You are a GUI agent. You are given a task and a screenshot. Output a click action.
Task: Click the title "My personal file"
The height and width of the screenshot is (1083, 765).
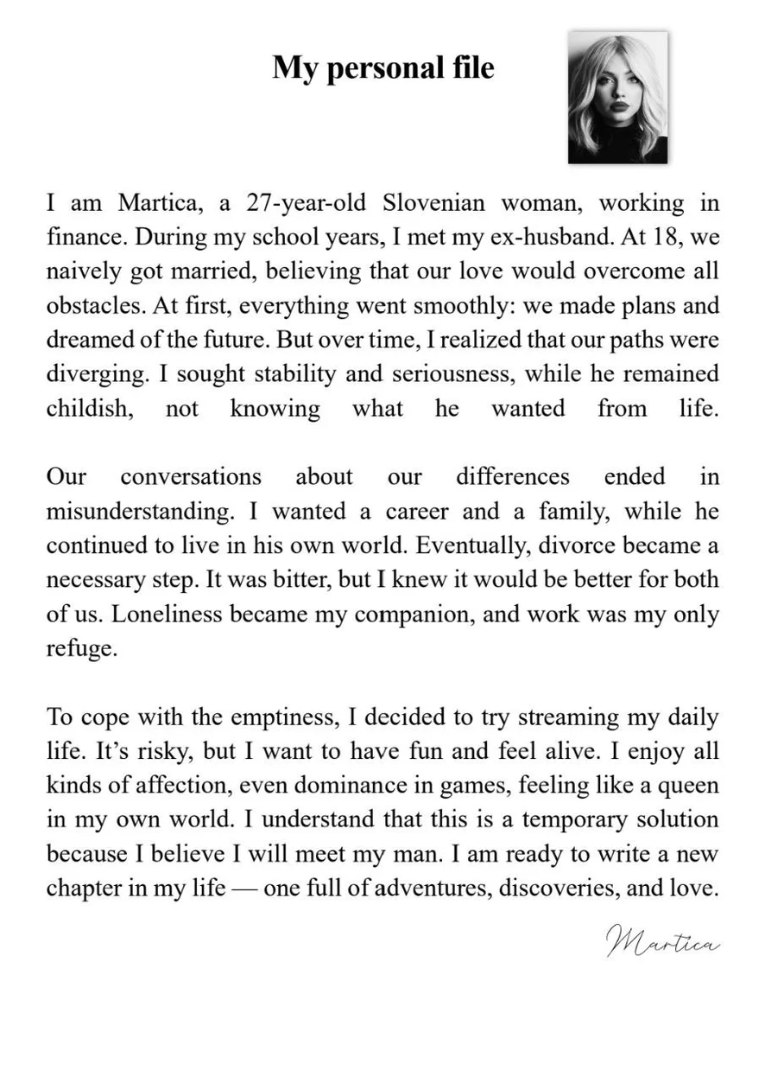[383, 67]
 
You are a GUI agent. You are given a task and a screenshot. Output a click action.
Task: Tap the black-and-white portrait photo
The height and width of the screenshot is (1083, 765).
[617, 98]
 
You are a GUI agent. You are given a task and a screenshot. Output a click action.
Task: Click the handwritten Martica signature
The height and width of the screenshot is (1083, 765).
[662, 940]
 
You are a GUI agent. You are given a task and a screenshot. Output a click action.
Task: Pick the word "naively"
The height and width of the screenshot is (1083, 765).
[80, 271]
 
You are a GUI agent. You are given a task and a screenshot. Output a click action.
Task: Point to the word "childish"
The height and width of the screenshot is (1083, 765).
[89, 408]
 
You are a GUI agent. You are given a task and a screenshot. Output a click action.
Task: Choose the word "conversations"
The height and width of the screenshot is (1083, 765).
[190, 476]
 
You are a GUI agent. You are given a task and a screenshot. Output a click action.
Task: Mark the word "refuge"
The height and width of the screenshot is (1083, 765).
[80, 648]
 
